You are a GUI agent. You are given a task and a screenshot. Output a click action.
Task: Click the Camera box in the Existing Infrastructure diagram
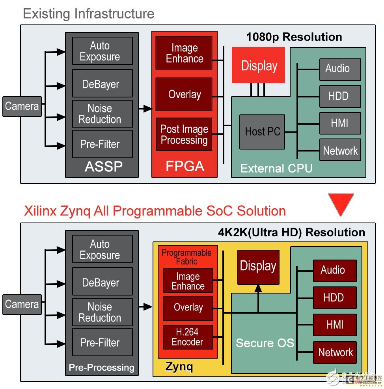coord(22,106)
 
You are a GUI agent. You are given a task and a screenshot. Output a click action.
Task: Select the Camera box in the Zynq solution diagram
coord(22,304)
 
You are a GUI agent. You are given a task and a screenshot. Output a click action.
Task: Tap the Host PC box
coord(262,132)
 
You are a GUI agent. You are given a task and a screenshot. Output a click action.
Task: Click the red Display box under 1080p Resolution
coord(258,65)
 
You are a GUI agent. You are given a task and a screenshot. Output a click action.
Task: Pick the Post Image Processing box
coord(184,135)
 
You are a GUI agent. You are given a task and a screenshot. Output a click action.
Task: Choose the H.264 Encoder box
coord(188,337)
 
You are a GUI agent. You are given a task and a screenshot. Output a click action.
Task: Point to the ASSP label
coord(103,167)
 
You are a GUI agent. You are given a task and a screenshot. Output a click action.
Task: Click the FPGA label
coord(185,166)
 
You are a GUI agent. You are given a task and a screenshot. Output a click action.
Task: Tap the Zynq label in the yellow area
coord(179,367)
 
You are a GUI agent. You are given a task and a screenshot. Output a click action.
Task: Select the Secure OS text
coord(265,343)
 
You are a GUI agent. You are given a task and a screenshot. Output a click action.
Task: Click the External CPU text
coord(276,168)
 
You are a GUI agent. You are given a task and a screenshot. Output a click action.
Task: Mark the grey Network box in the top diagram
coord(340,150)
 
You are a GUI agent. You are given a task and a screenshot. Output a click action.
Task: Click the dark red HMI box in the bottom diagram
coord(335,325)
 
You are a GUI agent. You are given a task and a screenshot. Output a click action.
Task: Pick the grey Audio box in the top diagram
coord(340,69)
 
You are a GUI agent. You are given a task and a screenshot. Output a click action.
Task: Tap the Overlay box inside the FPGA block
coord(184,94)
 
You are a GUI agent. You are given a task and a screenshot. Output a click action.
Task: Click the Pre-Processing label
coord(101,368)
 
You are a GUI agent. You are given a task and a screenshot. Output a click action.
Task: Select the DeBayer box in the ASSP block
coord(102,84)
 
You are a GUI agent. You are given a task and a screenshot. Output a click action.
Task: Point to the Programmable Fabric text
coord(186,256)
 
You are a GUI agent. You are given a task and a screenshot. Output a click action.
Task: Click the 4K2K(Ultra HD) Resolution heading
coord(291,232)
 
